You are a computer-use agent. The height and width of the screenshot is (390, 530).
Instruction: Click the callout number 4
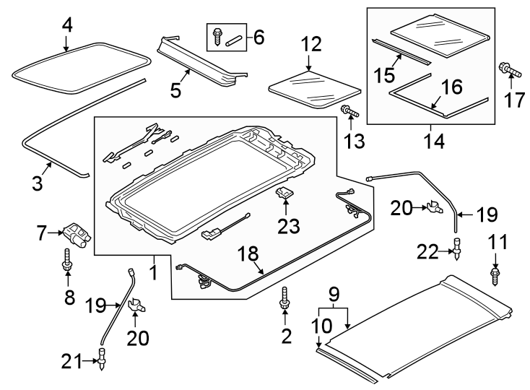(66, 25)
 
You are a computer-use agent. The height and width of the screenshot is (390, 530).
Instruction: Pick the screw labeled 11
(495, 274)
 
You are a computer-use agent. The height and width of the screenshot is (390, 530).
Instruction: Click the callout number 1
(153, 274)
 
